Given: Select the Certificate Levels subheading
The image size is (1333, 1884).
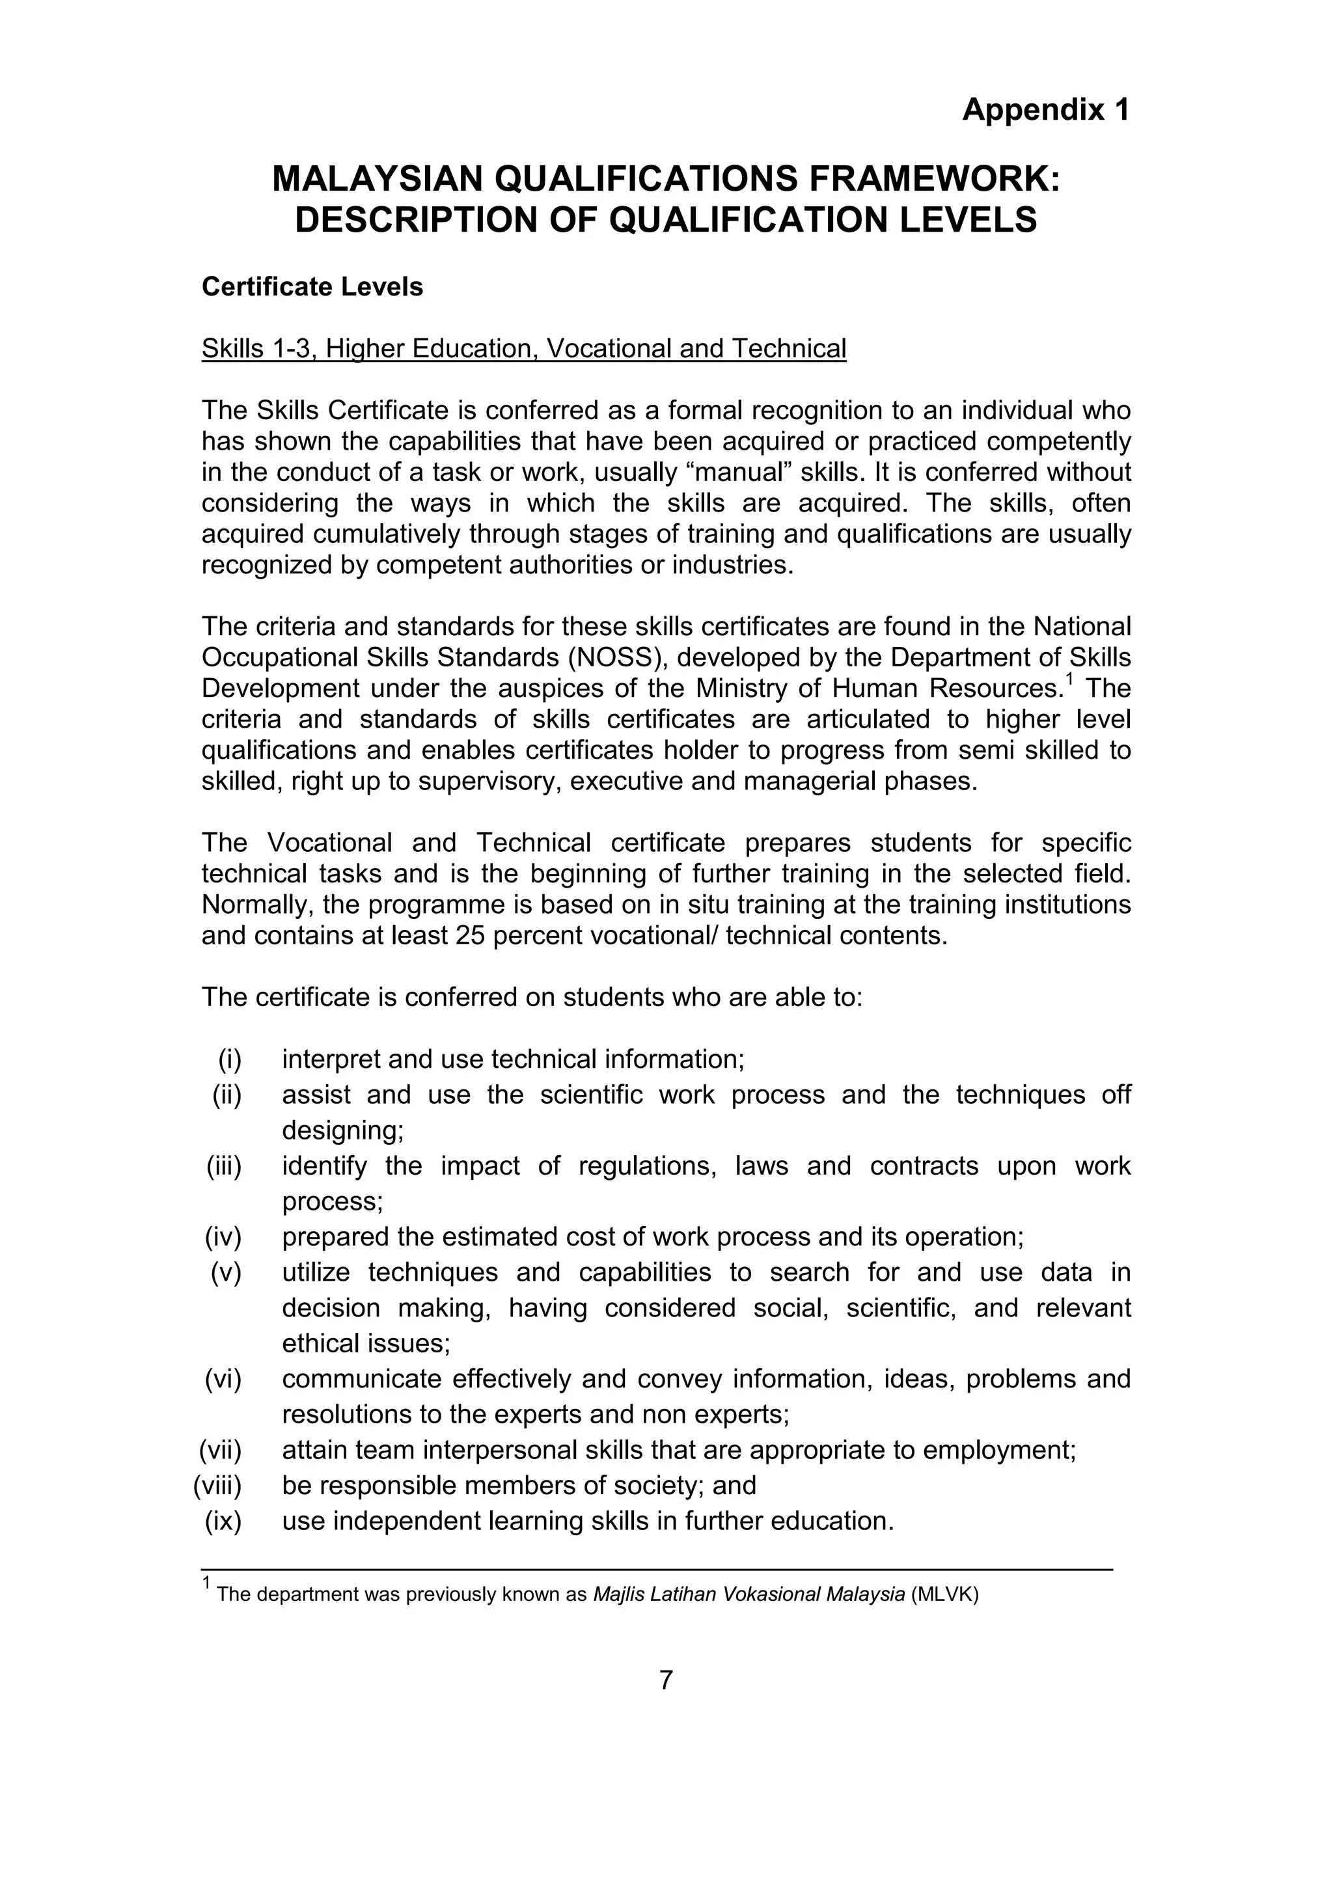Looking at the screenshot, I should point(312,287).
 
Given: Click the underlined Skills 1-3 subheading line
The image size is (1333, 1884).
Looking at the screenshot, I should point(524,349).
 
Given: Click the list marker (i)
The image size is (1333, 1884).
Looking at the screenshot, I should point(230,1060).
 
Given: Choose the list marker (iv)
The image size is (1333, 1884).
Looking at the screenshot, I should point(223,1236).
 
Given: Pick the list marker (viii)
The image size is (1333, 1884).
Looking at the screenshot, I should point(217,1485).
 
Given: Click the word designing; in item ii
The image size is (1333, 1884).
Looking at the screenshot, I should point(343,1131).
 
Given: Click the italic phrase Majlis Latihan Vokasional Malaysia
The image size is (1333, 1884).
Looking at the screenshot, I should point(749,1595).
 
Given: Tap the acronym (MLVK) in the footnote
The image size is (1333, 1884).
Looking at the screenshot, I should point(945,1595).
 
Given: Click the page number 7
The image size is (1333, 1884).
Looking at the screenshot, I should point(666,1680).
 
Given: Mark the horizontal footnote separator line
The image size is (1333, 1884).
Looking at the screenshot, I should point(657,1570).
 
